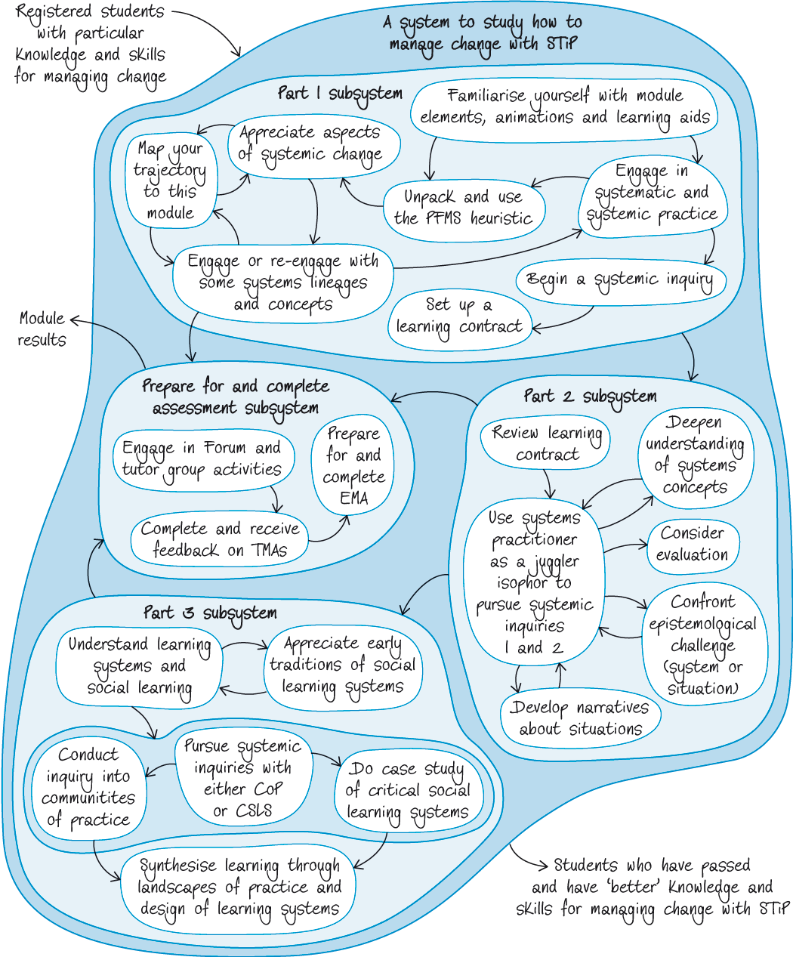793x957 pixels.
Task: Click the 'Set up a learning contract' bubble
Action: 459,316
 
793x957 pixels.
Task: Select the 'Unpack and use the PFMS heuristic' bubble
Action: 463,208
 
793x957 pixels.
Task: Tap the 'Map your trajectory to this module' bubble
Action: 171,181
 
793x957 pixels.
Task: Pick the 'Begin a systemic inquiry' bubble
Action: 620,280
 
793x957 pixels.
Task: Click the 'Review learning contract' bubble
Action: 546,443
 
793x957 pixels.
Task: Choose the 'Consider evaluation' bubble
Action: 693,544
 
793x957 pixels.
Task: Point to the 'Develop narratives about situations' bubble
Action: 580,718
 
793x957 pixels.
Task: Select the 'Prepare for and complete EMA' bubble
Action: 353,466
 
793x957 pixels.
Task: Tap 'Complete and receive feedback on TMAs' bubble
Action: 220,539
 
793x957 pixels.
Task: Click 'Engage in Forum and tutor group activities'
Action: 202,458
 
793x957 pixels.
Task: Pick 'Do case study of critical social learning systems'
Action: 408,791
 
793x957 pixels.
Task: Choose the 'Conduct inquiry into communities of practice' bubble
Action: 88,787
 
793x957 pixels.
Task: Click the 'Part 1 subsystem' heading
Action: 340,94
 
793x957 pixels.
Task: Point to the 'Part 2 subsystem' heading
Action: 590,397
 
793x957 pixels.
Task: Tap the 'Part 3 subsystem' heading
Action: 210,613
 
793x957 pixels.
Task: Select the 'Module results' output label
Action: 42,329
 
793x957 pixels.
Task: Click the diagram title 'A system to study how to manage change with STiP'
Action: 483,33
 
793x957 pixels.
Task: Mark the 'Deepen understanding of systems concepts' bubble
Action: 694,455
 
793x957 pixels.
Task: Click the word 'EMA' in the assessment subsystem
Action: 353,499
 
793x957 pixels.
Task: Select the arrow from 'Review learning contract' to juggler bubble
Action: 549,483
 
